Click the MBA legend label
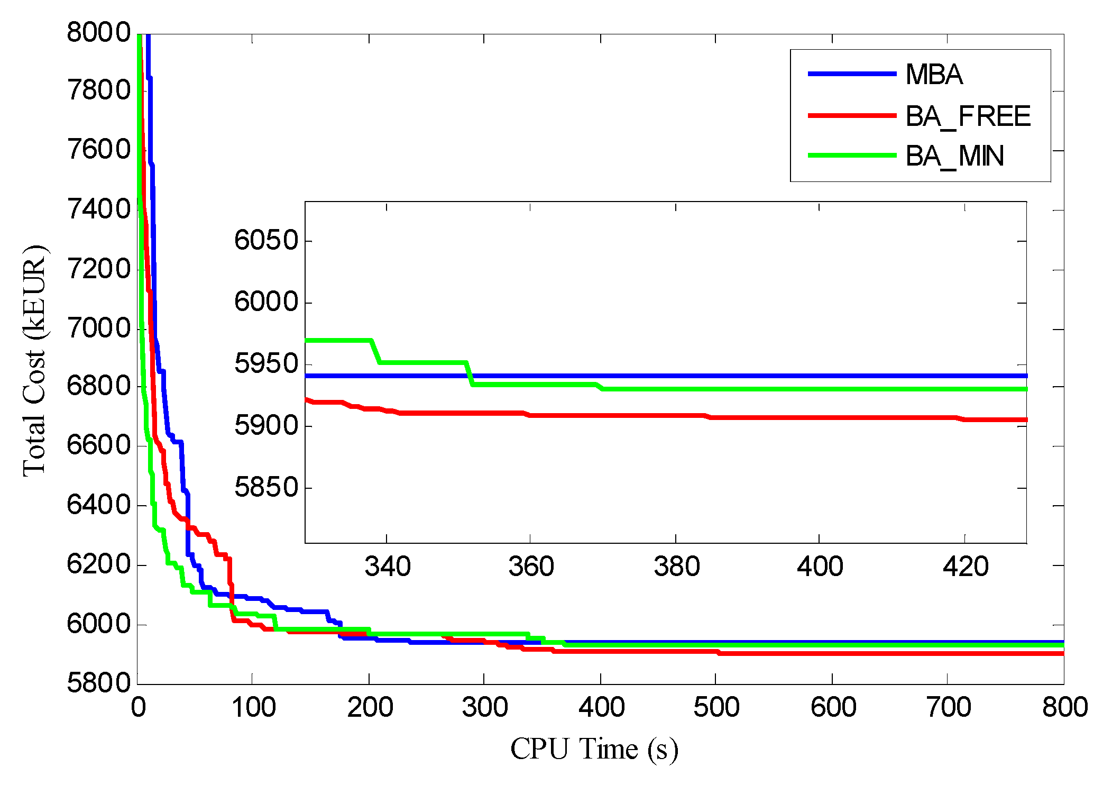934,75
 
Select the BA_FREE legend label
968,116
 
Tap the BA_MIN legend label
954,157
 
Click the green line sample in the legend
852,156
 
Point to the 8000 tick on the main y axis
98,33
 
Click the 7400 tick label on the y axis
98,209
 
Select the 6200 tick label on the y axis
98,564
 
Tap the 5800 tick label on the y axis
98,683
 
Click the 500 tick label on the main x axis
716,707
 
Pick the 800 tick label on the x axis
1064,707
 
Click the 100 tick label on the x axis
253,707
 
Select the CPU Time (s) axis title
594,749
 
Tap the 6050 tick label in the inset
266,241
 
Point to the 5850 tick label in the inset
266,487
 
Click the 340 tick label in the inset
388,567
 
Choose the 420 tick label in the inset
966,567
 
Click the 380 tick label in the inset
676,567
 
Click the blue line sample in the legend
852,74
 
